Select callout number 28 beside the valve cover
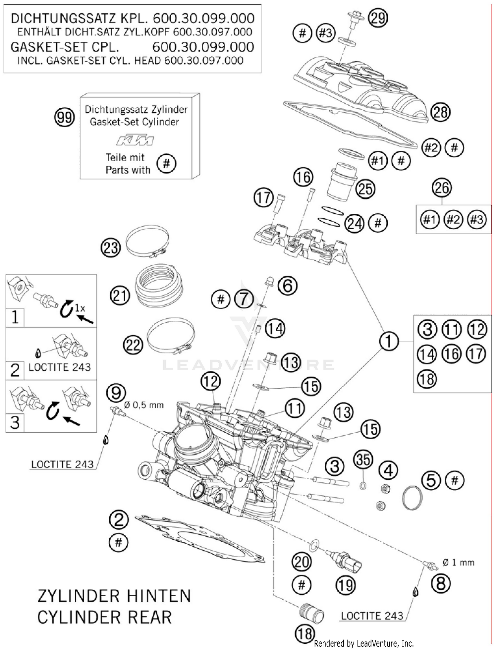point(440,112)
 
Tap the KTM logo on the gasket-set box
point(135,140)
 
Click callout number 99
point(65,117)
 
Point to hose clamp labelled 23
point(148,241)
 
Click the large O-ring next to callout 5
point(412,497)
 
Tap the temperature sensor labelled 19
point(345,561)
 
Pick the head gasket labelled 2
point(199,538)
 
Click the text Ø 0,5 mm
point(144,405)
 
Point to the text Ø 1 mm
point(458,562)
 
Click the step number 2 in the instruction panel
point(15,370)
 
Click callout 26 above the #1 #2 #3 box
point(442,188)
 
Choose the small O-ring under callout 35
point(363,486)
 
